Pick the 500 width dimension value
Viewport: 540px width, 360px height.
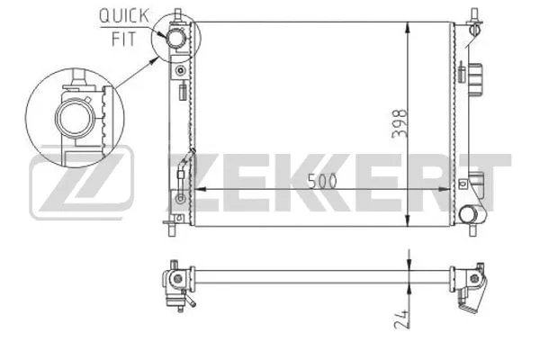[321, 180]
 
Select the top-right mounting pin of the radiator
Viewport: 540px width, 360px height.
[472, 15]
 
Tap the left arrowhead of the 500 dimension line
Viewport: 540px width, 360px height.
[200, 189]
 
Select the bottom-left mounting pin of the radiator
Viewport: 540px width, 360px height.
[170, 222]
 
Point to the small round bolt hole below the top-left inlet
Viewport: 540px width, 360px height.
[181, 69]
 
